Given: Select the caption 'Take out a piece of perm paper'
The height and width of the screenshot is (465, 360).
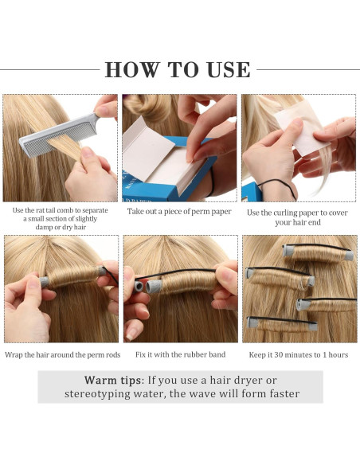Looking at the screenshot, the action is [x=179, y=212].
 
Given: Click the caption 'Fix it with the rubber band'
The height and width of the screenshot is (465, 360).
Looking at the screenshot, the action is [x=180, y=354].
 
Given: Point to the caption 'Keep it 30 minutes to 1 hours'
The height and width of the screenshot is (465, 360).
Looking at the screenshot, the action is [x=299, y=355].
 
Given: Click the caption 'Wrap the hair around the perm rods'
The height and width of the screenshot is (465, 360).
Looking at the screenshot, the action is [x=63, y=355].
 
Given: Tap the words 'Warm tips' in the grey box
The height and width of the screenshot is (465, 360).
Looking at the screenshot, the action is [x=112, y=380].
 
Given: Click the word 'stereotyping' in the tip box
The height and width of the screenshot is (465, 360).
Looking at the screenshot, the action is [x=97, y=394].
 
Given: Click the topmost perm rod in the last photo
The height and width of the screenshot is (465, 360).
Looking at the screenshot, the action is [x=319, y=252].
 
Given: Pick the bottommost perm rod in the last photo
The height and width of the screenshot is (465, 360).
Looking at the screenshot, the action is [x=282, y=323].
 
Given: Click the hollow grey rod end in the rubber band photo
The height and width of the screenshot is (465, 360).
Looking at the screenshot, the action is [x=139, y=287].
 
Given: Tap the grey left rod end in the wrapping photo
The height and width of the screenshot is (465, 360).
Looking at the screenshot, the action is [x=45, y=281].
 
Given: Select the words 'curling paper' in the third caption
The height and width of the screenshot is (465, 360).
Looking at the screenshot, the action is [x=285, y=213].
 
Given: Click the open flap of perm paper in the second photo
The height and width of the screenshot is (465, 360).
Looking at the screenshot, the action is [x=147, y=147].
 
